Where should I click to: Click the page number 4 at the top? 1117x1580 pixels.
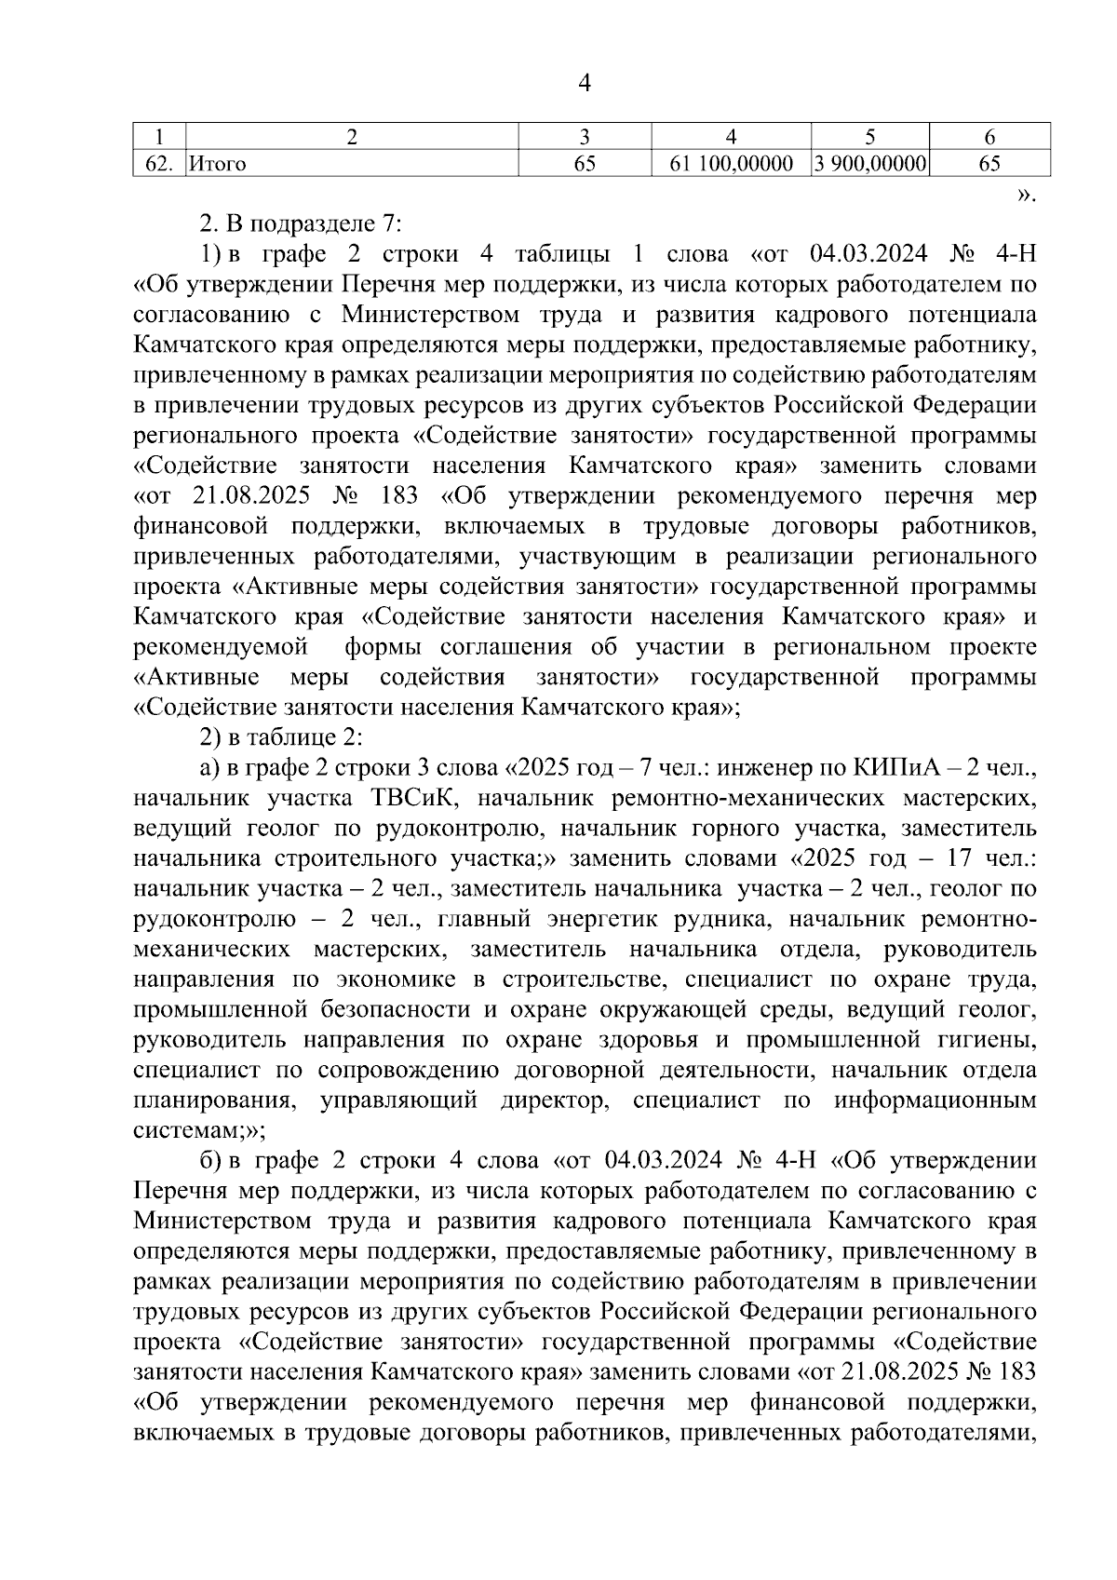click(x=585, y=84)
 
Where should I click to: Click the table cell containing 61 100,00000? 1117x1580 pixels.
click(x=731, y=165)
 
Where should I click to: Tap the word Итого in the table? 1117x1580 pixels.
click(x=218, y=165)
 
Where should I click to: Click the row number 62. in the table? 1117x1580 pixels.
click(x=159, y=165)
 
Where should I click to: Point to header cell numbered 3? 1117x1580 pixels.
click(x=584, y=137)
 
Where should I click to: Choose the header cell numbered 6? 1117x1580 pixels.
click(x=989, y=137)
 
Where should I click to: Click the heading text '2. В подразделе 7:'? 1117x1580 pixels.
click(x=300, y=224)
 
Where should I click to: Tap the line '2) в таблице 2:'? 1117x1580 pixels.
click(x=280, y=738)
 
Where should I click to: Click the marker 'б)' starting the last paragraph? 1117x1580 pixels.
click(x=209, y=1161)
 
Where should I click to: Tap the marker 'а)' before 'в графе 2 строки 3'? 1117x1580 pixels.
click(x=209, y=769)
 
